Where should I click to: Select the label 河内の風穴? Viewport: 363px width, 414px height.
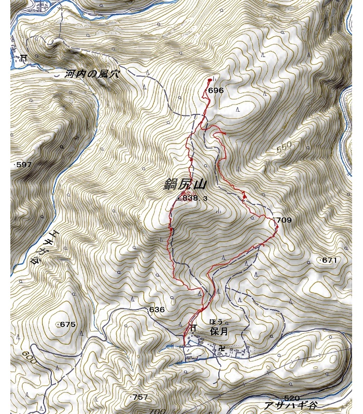click(92, 74)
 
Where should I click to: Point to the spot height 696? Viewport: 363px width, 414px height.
click(215, 90)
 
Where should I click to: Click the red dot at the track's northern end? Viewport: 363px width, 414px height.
click(210, 80)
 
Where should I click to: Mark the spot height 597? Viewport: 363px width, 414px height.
click(23, 165)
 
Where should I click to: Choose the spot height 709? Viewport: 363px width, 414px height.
click(284, 220)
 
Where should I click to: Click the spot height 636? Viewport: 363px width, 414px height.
click(157, 309)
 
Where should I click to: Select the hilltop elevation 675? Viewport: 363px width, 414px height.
click(67, 324)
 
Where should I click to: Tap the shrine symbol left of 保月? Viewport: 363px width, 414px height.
click(192, 328)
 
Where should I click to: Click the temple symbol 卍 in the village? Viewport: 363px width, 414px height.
click(222, 348)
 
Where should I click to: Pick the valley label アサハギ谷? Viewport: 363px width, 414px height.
click(290, 405)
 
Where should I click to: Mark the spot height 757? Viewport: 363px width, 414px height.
click(139, 397)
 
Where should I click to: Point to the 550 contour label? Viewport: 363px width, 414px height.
click(285, 147)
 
